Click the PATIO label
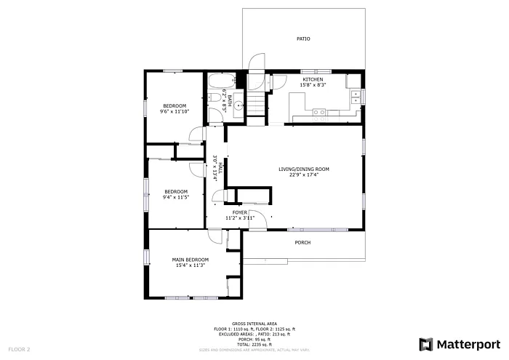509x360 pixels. coord(303,39)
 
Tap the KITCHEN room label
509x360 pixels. coord(313,79)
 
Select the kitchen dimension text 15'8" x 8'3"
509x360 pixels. coord(313,85)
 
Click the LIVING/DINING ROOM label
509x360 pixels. coord(304,169)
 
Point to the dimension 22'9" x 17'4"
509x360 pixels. coord(304,175)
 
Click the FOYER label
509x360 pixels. coord(240,212)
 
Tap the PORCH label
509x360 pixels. coord(302,242)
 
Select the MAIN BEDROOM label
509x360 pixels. coord(190,260)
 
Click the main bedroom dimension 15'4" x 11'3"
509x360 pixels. coord(190,265)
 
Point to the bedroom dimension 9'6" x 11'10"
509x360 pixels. coord(175,111)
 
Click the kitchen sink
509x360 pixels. coord(354,94)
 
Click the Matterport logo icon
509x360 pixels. coord(426,344)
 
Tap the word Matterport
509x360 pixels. coord(468,344)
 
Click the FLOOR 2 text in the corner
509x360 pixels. coord(19,350)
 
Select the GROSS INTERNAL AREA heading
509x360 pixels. coord(254,323)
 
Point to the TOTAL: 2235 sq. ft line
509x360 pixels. coord(254,344)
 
